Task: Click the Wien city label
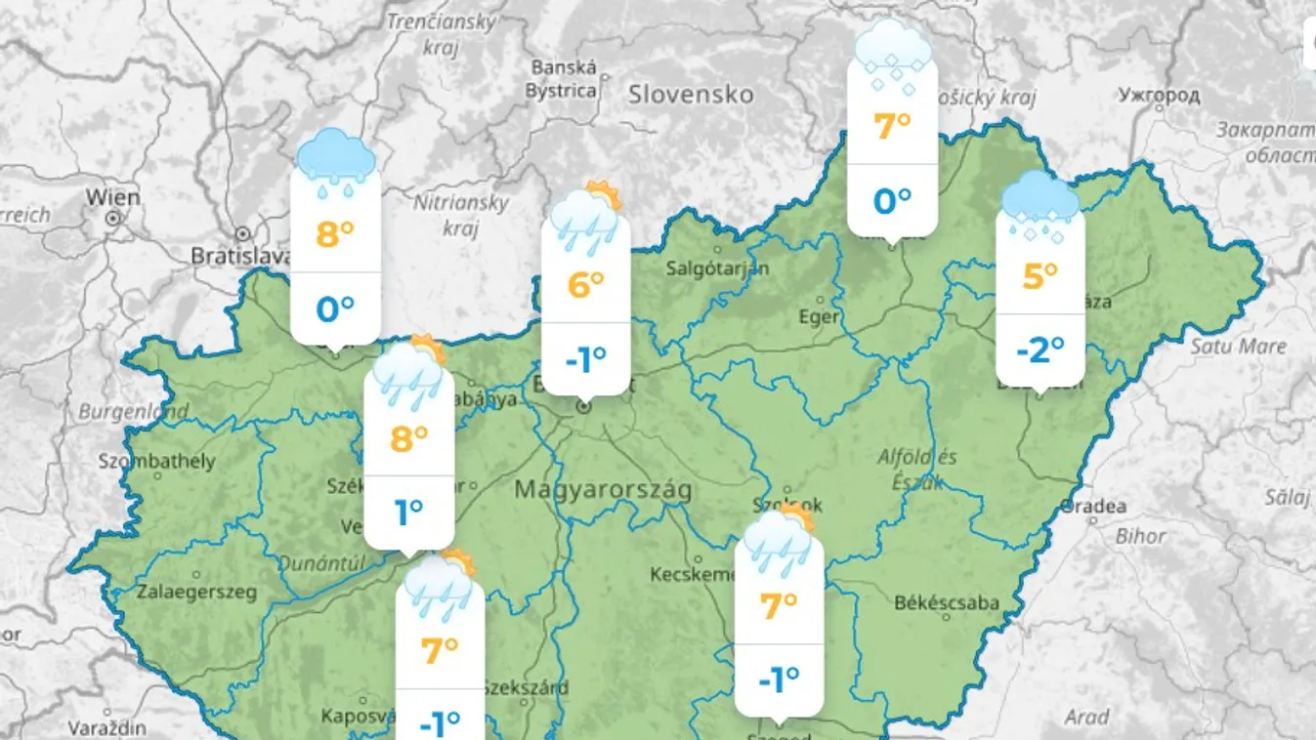pyautogui.click(x=112, y=196)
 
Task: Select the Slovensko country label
pyautogui.click(x=691, y=95)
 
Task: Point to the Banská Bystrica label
pyautogui.click(x=564, y=79)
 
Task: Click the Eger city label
pyautogui.click(x=818, y=317)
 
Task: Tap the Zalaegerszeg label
pyautogui.click(x=196, y=592)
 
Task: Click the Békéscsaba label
pyautogui.click(x=947, y=602)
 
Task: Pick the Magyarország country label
pyautogui.click(x=603, y=489)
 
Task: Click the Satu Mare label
pyautogui.click(x=1238, y=347)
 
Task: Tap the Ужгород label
pyautogui.click(x=1159, y=96)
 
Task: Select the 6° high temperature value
pyautogui.click(x=585, y=285)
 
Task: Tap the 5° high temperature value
pyautogui.click(x=1040, y=276)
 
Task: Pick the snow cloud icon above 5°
pyautogui.click(x=1040, y=208)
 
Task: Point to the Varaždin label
pyautogui.click(x=107, y=728)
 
